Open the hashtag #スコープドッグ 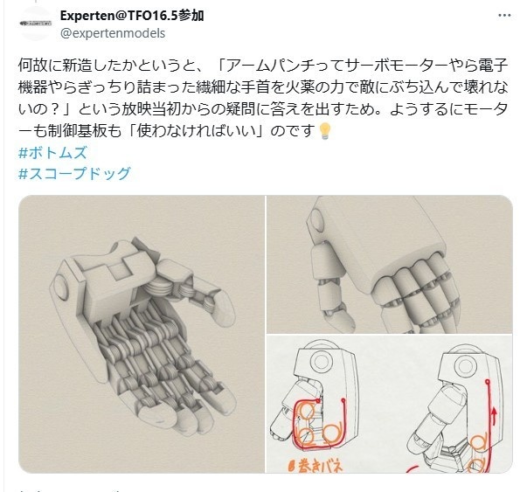click(x=73, y=172)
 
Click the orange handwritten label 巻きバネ click(x=311, y=464)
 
